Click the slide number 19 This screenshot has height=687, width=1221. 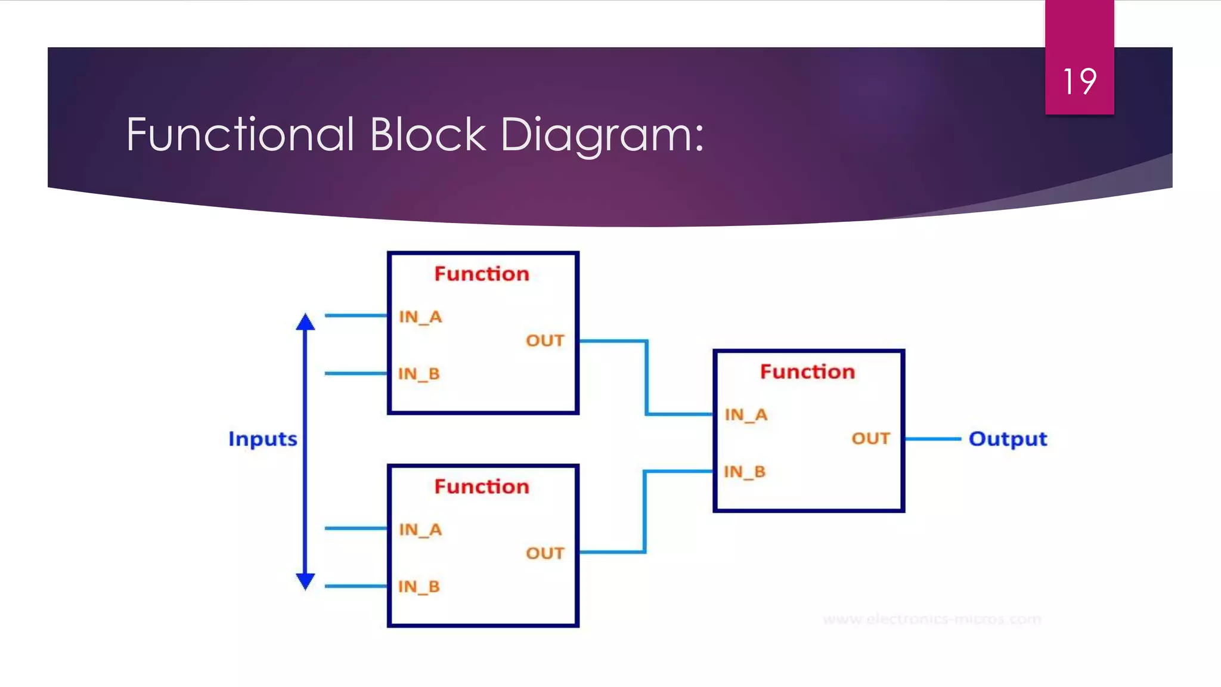(1079, 82)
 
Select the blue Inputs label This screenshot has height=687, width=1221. (262, 439)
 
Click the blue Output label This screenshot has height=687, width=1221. (1008, 439)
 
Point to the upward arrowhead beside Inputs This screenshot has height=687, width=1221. (305, 323)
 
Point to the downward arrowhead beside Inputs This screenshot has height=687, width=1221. (305, 581)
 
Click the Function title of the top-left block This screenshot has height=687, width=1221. (482, 274)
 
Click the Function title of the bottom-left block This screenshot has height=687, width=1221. (482, 487)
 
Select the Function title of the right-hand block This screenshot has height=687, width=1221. (807, 372)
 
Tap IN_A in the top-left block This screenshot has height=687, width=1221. (420, 317)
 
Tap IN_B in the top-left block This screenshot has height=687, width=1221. (419, 374)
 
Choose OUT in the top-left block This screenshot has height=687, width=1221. (545, 341)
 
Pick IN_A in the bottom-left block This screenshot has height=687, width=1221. (420, 530)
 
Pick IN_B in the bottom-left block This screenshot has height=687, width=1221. (419, 587)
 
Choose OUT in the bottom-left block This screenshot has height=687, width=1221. (545, 553)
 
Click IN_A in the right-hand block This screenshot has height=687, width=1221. (746, 414)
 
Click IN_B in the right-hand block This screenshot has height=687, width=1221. (745, 472)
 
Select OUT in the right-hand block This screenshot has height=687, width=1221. (870, 439)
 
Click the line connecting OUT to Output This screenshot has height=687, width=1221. (933, 439)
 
